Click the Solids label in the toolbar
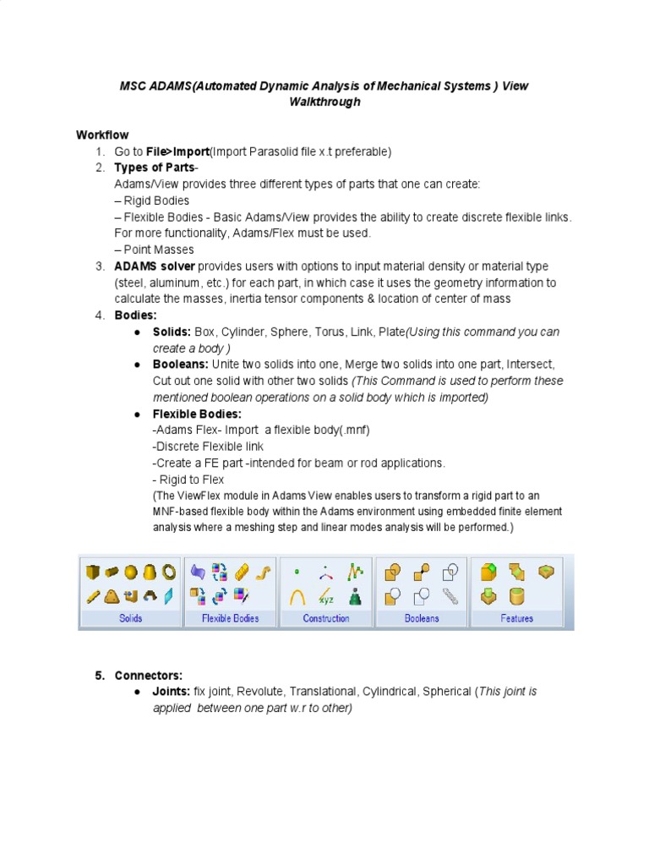(x=131, y=618)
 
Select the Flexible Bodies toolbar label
(x=230, y=618)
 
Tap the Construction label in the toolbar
(x=326, y=618)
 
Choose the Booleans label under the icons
(x=422, y=618)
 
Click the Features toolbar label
(x=516, y=618)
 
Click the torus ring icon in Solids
(x=169, y=573)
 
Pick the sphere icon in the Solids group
(x=131, y=573)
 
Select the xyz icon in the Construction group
(x=326, y=596)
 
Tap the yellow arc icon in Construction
(x=297, y=597)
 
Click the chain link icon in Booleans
(x=450, y=596)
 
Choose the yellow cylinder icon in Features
(x=516, y=597)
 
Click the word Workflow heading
(x=102, y=135)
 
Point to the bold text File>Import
(x=177, y=151)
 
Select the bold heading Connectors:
(x=148, y=676)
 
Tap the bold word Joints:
(x=172, y=692)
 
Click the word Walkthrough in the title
(x=324, y=102)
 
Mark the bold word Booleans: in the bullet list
(x=180, y=364)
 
